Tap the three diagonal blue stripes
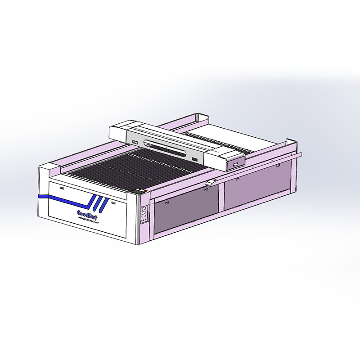coord(98,204)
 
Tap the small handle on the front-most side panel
coord(205,189)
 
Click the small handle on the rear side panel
coord(237,179)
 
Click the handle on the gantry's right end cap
coord(235,165)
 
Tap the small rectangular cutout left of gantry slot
coord(135,143)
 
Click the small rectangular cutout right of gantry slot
coord(194,159)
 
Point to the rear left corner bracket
coord(202,118)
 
